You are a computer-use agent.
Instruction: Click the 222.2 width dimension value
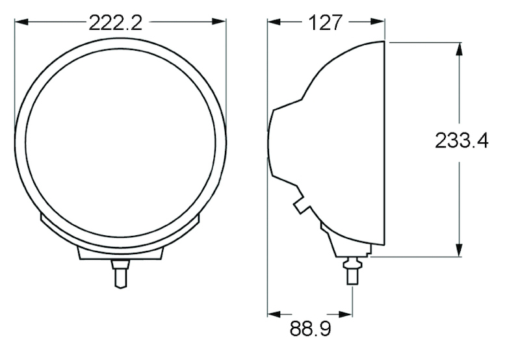tap(115, 23)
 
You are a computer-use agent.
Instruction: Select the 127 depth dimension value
tap(326, 23)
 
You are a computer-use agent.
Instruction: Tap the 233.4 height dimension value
tap(461, 140)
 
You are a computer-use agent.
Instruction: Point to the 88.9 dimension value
tap(310, 329)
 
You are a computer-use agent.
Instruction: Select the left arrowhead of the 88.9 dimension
tap(274, 313)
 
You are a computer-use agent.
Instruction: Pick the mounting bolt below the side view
tap(352, 269)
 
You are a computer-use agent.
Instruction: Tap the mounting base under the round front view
tap(120, 252)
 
